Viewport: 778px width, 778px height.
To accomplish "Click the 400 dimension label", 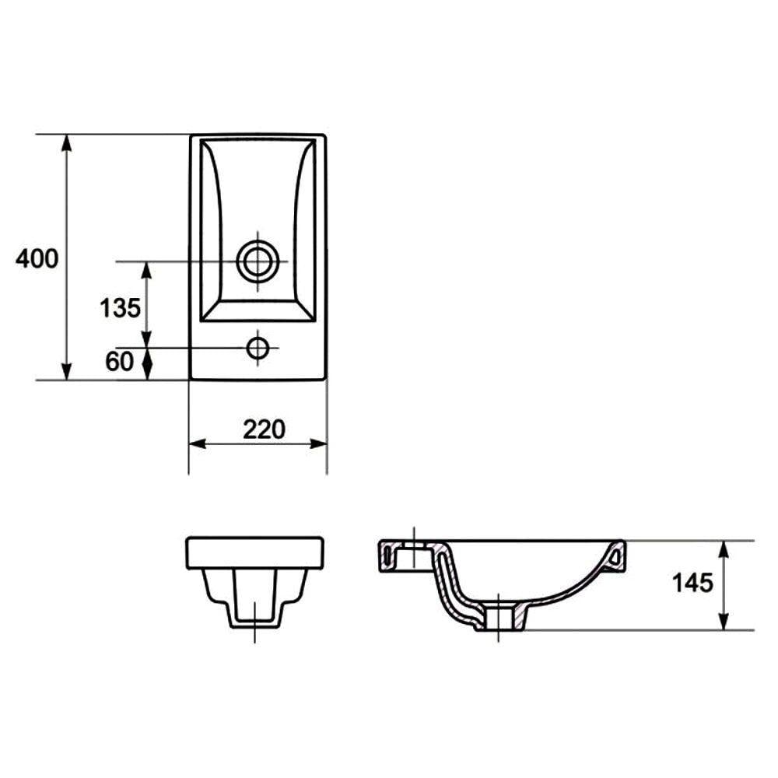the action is point(37,258).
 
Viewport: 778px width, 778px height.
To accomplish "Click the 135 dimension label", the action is point(120,308).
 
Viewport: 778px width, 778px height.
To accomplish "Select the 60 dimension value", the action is point(120,361).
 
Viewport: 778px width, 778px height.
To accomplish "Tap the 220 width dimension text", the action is point(264,429).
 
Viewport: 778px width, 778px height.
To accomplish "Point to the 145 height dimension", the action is point(692,583).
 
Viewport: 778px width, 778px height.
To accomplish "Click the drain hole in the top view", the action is point(258,261).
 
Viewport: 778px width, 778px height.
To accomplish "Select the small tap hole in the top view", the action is point(258,348).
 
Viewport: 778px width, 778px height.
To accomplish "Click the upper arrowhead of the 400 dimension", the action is point(67,143).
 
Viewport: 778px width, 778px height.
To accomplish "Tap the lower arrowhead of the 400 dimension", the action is point(67,371).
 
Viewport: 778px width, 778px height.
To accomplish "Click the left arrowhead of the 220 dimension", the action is point(198,443).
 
